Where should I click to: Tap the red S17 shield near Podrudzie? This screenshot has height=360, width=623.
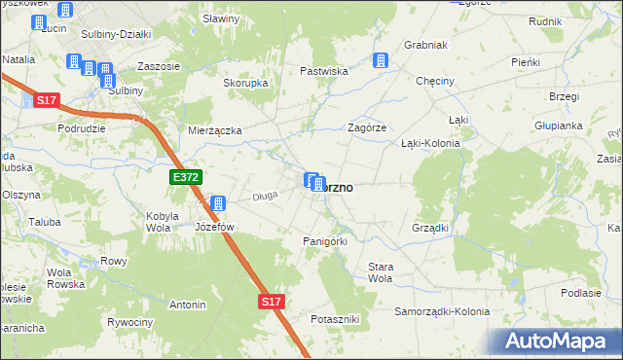(x=47, y=100)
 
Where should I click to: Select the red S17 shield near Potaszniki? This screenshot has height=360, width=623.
(x=272, y=303)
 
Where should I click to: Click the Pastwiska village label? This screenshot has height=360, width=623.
(x=324, y=71)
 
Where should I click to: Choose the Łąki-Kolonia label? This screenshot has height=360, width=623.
(x=430, y=143)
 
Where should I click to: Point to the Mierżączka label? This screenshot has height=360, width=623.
(x=214, y=129)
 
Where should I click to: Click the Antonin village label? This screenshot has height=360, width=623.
(x=188, y=305)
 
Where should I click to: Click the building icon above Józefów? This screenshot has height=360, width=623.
(x=218, y=204)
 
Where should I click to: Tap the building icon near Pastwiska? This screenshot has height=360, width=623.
(x=381, y=60)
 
